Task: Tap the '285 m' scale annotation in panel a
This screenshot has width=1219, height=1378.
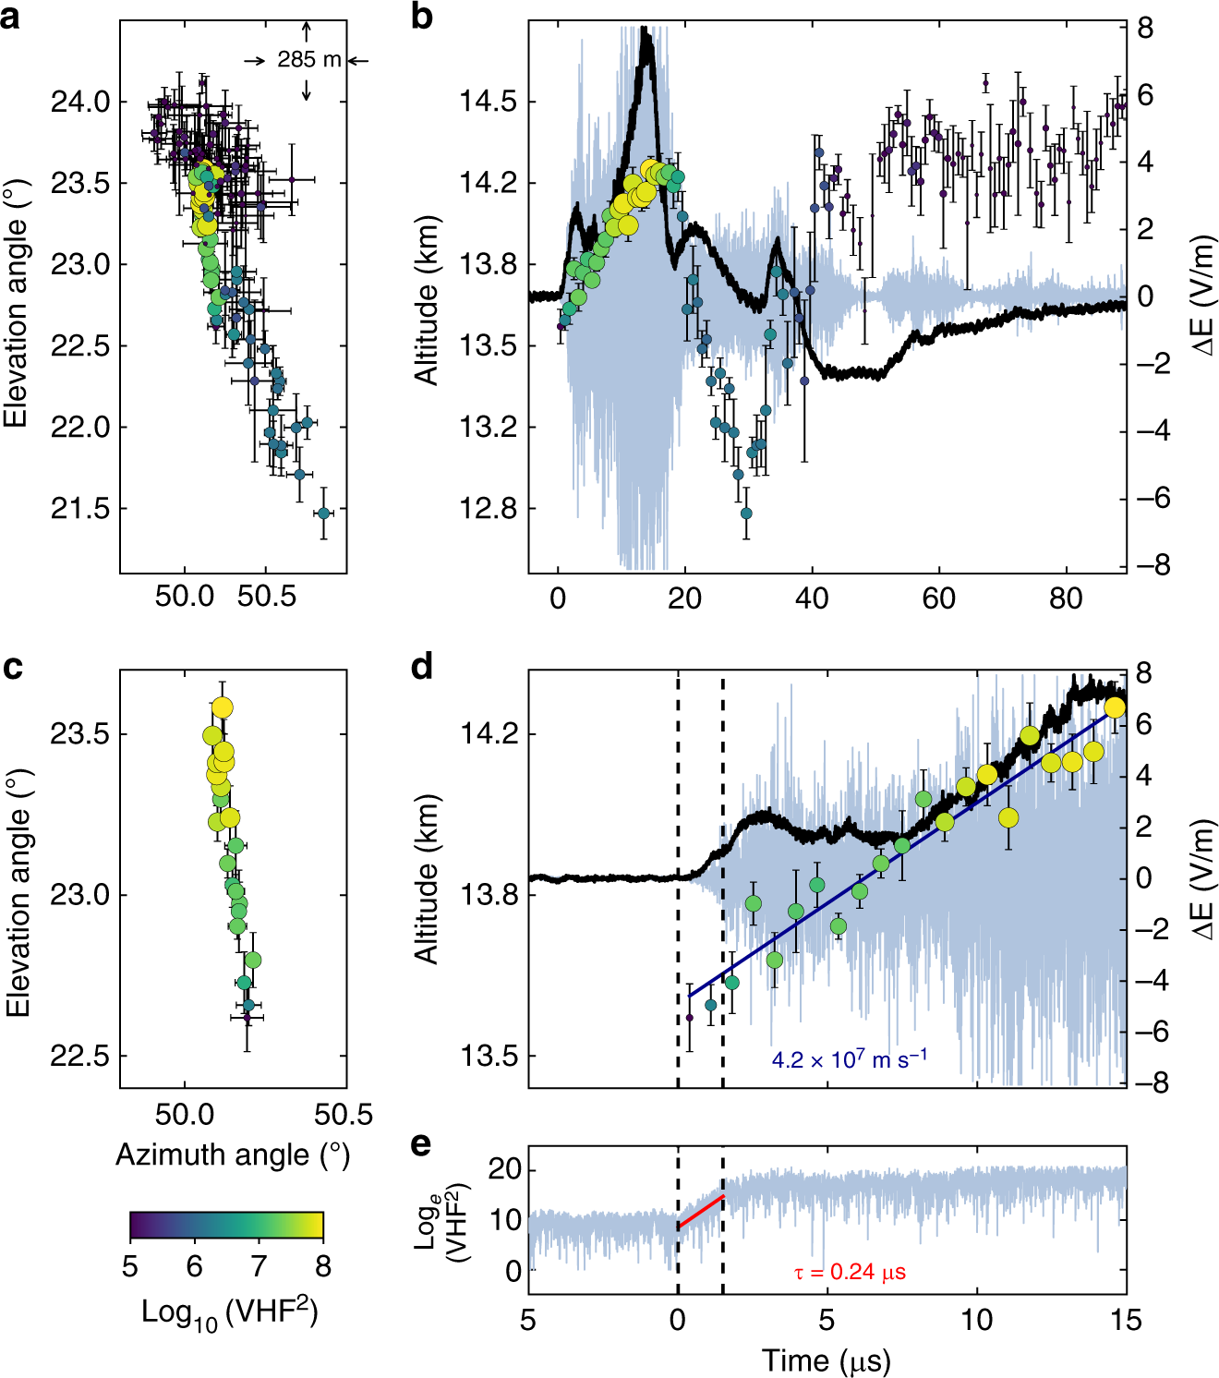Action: coord(308,60)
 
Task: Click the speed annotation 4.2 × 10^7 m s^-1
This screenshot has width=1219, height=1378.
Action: coord(849,1058)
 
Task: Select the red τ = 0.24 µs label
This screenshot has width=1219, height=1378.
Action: coord(850,1272)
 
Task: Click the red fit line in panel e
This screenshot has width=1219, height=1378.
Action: coord(701,1212)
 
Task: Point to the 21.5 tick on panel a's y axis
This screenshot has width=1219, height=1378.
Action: coord(80,509)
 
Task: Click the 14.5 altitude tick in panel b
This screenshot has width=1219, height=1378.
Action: coord(489,102)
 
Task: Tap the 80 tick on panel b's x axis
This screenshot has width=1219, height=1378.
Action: coord(1066,598)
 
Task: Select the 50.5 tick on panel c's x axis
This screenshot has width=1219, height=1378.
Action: coord(344,1115)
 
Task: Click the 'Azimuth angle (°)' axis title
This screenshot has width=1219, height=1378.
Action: coord(233,1154)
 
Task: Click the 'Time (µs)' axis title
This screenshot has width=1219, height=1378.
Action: coord(826,1360)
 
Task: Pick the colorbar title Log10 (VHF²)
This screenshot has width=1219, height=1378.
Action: coord(229,1312)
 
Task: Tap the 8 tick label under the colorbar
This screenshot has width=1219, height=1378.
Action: coord(322,1265)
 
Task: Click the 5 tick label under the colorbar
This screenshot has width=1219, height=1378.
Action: coord(130,1265)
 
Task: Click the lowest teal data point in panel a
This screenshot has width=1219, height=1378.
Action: coord(323,512)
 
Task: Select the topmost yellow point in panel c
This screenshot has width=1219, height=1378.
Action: coord(222,707)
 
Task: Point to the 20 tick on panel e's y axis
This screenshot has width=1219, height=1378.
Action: coord(505,1169)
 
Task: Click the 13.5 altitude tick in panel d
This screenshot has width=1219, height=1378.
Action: coord(489,1056)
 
